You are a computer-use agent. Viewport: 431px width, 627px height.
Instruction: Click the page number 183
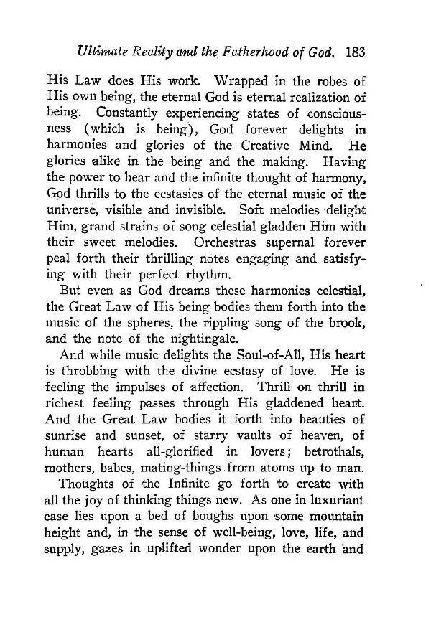point(356,52)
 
